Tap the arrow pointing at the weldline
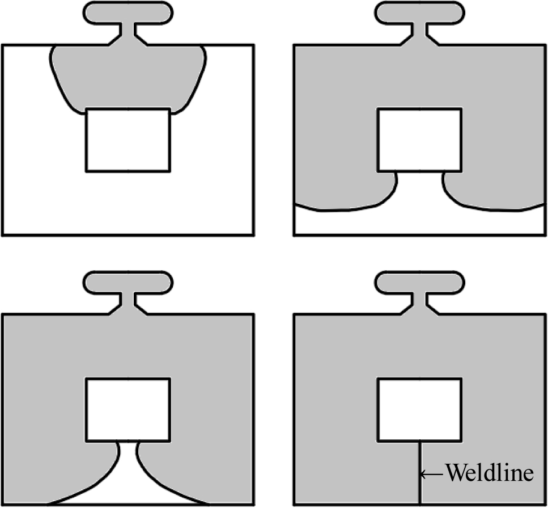pyautogui.click(x=433, y=473)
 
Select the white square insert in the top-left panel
pyautogui.click(x=128, y=140)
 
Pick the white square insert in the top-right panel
pyautogui.click(x=419, y=140)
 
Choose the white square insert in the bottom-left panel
pyautogui.click(x=128, y=409)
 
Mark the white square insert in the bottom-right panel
pyautogui.click(x=419, y=409)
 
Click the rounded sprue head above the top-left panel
pyautogui.click(x=128, y=12)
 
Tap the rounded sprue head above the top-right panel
pyautogui.click(x=419, y=12)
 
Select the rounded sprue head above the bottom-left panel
pyautogui.click(x=128, y=282)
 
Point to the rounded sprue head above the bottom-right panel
pyautogui.click(x=419, y=282)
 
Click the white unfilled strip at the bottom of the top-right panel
pyautogui.click(x=419, y=223)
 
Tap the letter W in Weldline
pyautogui.click(x=455, y=473)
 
